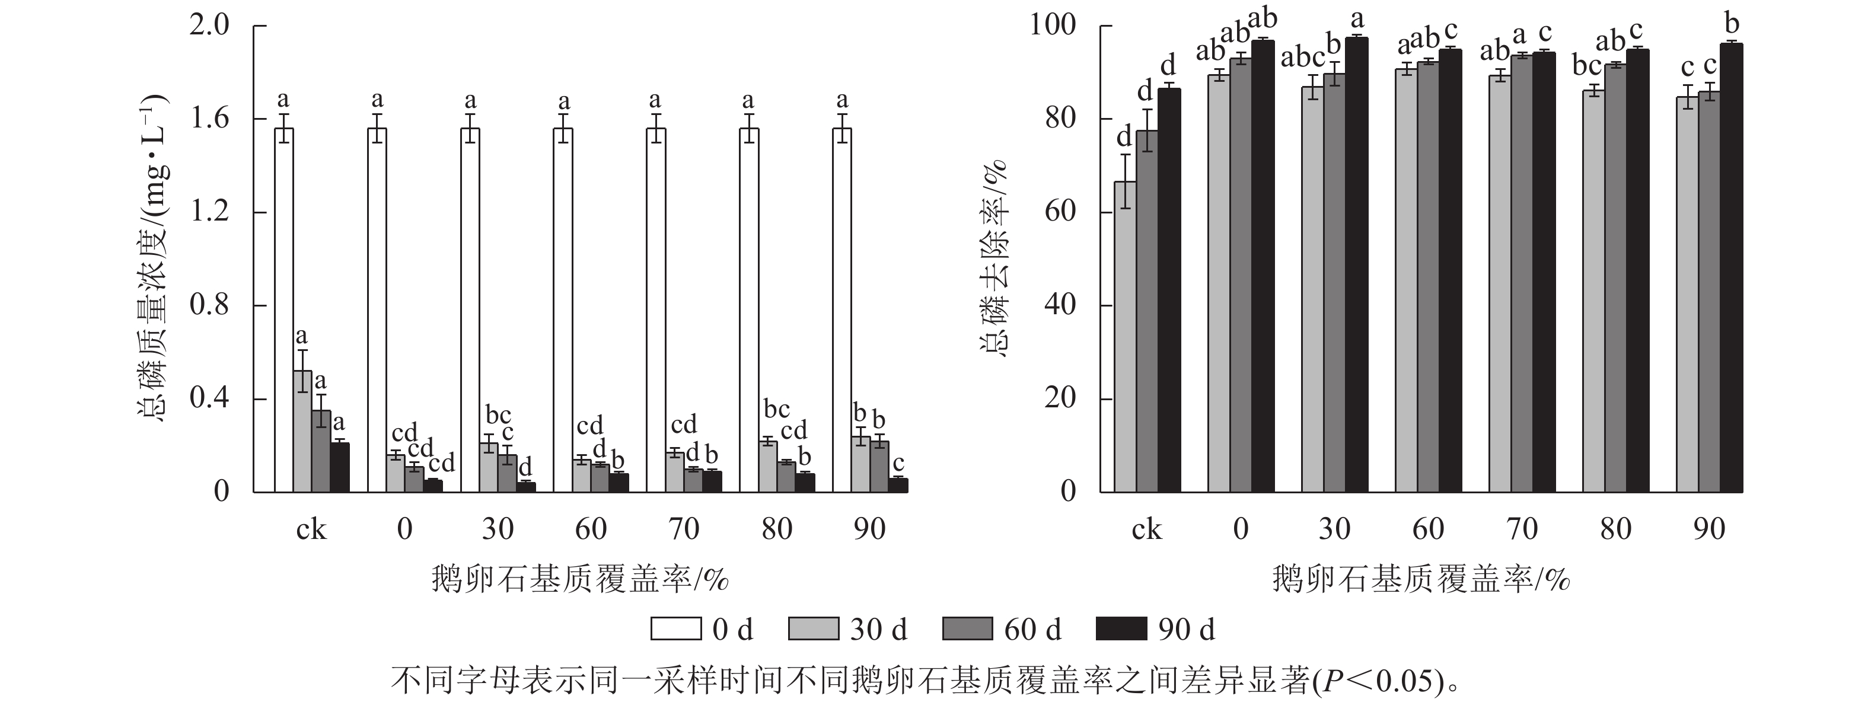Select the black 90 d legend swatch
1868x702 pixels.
[1121, 628]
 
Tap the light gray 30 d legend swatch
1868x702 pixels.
[814, 628]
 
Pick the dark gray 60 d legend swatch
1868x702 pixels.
[967, 628]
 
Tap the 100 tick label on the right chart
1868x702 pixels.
[1053, 26]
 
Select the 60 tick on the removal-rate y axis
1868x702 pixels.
[1060, 212]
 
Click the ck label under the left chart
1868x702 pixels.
[311, 529]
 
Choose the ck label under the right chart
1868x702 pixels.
[1146, 529]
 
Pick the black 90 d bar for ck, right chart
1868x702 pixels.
[1169, 290]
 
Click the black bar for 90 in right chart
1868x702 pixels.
[1732, 269]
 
